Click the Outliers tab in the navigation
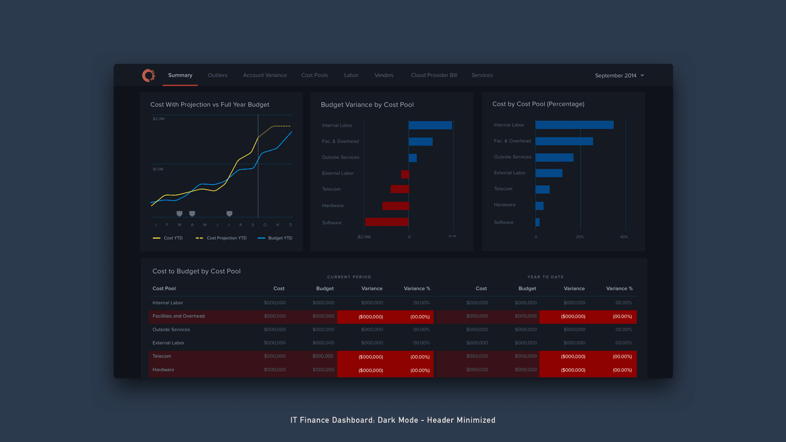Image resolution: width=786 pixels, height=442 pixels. click(218, 75)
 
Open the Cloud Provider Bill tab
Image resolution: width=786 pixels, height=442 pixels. click(434, 75)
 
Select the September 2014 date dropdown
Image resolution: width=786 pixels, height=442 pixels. click(619, 76)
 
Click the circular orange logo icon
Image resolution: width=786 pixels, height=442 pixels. click(149, 75)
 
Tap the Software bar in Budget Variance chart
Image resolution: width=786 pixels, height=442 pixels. click(386, 222)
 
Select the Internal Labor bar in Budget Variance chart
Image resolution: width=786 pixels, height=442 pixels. click(430, 125)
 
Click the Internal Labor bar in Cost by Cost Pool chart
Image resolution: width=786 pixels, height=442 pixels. click(574, 125)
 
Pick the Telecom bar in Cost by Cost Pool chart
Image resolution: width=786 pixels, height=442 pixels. click(542, 189)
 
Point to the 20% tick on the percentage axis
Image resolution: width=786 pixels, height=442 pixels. click(580, 237)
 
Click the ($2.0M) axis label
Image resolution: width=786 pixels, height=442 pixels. click(364, 237)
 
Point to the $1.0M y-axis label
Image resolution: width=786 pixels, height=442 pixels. click(158, 169)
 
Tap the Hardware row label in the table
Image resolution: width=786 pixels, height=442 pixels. click(163, 370)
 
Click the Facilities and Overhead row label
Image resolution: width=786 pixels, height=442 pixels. click(178, 316)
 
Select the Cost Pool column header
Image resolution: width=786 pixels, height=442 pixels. click(164, 289)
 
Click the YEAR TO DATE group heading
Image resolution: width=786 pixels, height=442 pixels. click(545, 277)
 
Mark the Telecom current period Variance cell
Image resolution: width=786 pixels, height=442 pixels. click(371, 357)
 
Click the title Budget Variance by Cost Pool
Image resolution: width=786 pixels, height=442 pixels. click(367, 105)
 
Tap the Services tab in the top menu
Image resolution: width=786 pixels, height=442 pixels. click(482, 75)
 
